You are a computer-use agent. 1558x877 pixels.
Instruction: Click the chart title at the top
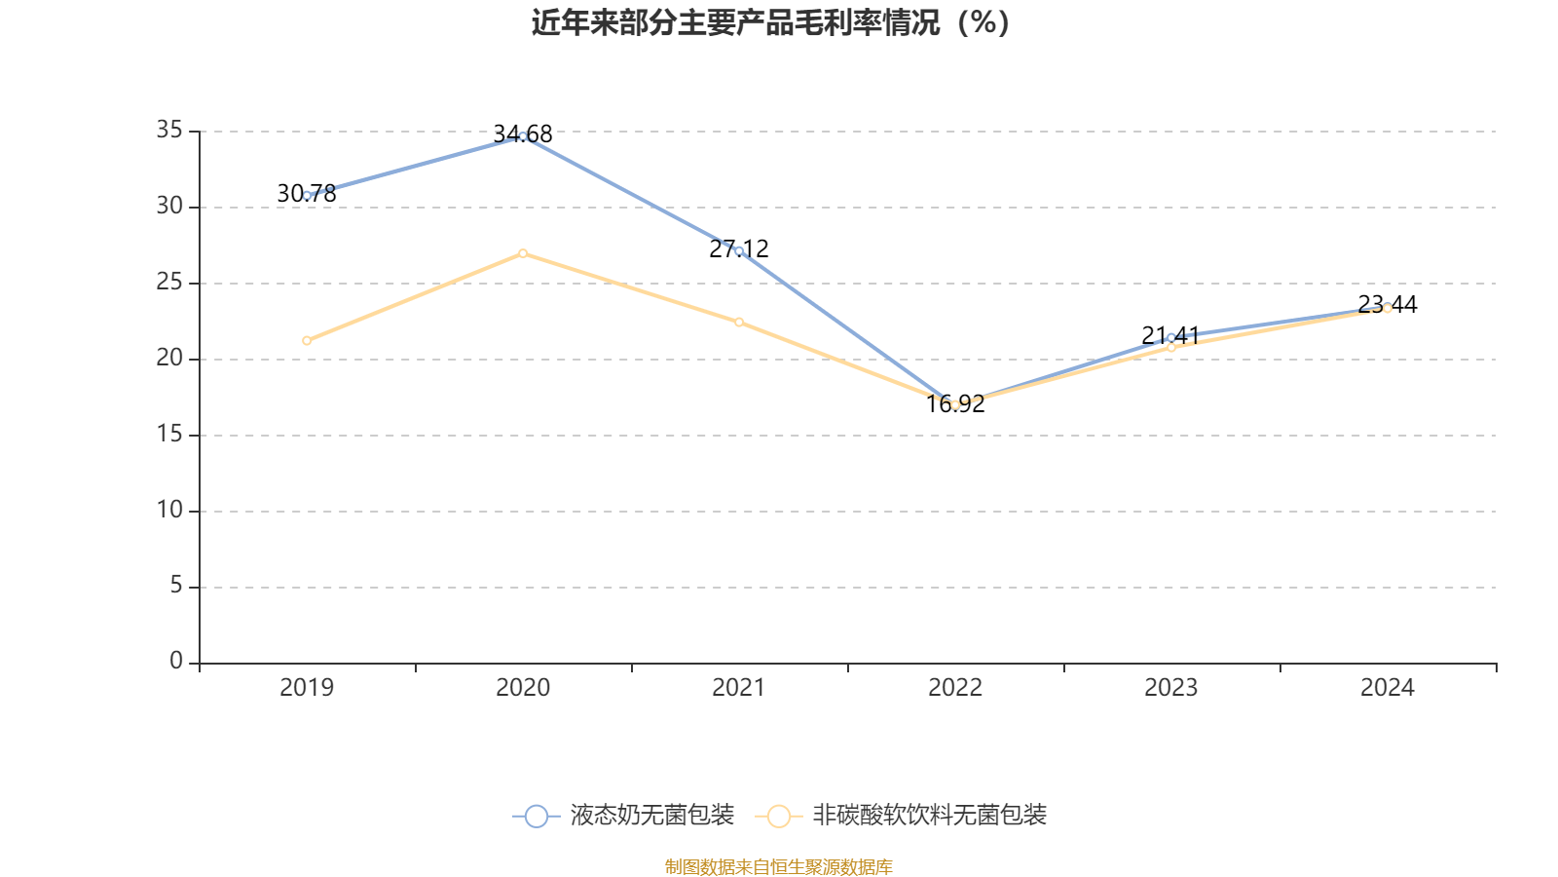(x=771, y=22)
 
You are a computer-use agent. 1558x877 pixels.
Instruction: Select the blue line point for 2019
(x=307, y=195)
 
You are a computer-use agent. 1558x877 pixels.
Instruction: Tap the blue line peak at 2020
(x=523, y=135)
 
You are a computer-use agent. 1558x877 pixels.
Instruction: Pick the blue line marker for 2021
(x=739, y=250)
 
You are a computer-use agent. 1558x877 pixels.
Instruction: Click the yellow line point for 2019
(x=307, y=340)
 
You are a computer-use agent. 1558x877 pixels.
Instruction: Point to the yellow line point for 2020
(x=523, y=253)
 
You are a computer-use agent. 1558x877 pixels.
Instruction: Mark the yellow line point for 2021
(x=739, y=322)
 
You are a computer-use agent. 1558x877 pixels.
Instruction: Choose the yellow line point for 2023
(x=1171, y=347)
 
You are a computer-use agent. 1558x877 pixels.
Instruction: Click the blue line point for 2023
(x=1171, y=337)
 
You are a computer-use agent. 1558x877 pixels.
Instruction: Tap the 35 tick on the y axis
(x=169, y=130)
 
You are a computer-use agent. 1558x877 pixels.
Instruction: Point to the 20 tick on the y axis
(x=169, y=358)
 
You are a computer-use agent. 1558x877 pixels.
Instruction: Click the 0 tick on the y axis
(x=176, y=662)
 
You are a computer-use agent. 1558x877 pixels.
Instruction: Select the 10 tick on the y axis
(x=169, y=510)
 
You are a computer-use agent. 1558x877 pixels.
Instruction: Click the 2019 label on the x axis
(x=307, y=688)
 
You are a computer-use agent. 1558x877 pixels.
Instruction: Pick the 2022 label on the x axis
(x=955, y=688)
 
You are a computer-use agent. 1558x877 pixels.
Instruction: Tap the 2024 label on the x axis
(x=1388, y=688)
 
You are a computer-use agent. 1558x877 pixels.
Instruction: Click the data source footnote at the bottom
(x=779, y=866)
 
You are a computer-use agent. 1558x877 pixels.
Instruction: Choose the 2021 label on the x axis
(x=739, y=688)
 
